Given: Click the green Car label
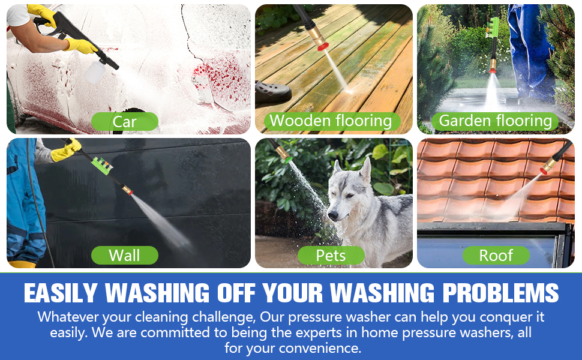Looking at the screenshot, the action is pos(125,121).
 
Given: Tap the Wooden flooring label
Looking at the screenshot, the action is pos(331,121).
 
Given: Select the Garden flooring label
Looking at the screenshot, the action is pos(495,121).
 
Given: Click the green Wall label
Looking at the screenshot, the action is pos(125,256).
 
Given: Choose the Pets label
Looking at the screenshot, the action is pos(331,256).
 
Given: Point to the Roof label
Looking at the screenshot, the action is pos(496,256).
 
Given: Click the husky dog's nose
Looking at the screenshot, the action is pos(332,215).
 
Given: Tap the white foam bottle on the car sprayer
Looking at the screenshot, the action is pos(94,71).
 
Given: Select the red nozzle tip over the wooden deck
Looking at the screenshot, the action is pos(323,47).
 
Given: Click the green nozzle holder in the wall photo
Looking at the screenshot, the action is pos(102,166).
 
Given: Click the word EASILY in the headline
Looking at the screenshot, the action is pos(61,293).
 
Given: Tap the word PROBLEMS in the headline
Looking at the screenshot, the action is pos(501,293).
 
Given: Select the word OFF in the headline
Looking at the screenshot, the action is pos(236,293).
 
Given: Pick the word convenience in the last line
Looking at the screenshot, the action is pos(320,348).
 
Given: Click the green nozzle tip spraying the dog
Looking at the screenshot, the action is pos(289,160).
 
